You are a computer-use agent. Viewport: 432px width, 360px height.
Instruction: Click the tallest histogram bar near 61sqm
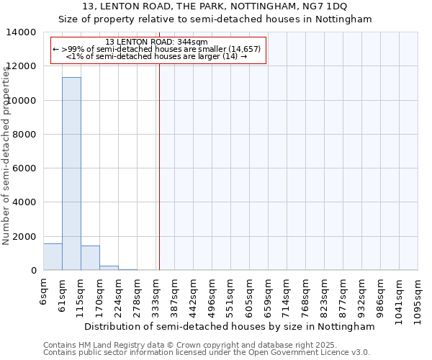tap(71, 173)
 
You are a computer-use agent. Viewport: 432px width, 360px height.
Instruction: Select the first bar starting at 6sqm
tap(53, 257)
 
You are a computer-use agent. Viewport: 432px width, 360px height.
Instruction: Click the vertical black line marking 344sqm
tap(159, 166)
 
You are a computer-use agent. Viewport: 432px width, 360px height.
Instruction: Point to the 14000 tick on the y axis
tap(24, 32)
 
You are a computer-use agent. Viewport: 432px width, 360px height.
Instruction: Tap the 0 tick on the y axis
tap(34, 271)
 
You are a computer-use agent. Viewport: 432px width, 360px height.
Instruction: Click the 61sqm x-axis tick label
tap(63, 292)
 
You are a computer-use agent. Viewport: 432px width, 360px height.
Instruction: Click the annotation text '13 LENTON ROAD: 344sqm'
tap(156, 42)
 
